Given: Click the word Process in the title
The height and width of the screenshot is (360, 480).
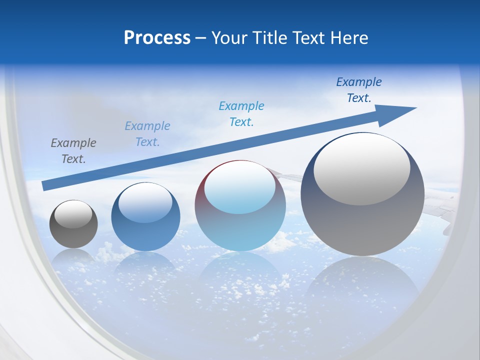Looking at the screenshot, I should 157,38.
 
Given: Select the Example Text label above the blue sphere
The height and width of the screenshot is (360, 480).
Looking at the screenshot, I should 147,134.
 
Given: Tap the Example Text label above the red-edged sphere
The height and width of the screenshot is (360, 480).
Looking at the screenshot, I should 241,114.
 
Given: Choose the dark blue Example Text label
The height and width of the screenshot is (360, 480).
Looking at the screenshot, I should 359,90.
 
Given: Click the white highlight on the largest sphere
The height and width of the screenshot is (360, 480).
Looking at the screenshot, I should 361,169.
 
